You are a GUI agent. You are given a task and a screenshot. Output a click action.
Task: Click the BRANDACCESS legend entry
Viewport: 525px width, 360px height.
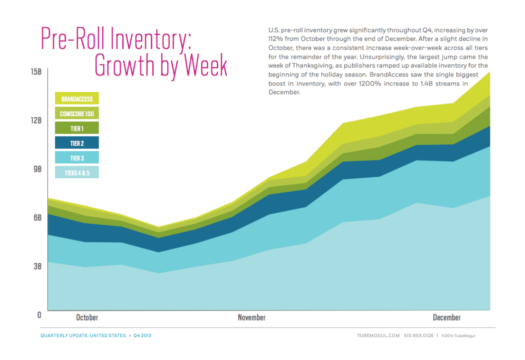77,99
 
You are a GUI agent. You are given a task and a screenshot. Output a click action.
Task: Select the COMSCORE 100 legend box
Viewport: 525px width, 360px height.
77,114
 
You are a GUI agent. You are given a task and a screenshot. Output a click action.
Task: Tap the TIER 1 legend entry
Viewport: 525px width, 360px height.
77,129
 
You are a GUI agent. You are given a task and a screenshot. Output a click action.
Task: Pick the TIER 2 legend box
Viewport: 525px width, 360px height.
77,143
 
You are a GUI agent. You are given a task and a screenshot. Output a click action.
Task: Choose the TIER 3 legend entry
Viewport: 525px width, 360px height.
77,158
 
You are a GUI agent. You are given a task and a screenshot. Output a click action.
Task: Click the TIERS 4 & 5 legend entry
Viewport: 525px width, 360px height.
77,173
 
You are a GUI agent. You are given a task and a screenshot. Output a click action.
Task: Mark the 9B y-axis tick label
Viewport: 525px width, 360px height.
36,169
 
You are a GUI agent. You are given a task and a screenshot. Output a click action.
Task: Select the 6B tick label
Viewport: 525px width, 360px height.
36,217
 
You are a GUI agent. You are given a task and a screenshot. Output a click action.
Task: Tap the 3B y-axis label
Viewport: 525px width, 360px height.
36,266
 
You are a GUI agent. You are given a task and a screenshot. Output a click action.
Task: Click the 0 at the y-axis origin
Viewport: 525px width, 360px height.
39,315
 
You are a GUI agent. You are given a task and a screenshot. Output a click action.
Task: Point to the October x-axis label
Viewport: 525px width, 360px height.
86,317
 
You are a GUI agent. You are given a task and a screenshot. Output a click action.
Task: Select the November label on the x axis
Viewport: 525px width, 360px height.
251,317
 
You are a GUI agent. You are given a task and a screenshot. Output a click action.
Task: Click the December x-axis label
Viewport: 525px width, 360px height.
446,317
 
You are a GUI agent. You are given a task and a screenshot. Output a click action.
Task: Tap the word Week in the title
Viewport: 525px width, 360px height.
201,66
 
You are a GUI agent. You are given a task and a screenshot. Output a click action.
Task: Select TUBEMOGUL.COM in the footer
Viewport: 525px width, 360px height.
378,336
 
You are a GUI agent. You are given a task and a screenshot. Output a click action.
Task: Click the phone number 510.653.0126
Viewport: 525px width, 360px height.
418,336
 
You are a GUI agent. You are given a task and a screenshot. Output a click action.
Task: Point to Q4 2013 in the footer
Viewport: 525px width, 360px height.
142,336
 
